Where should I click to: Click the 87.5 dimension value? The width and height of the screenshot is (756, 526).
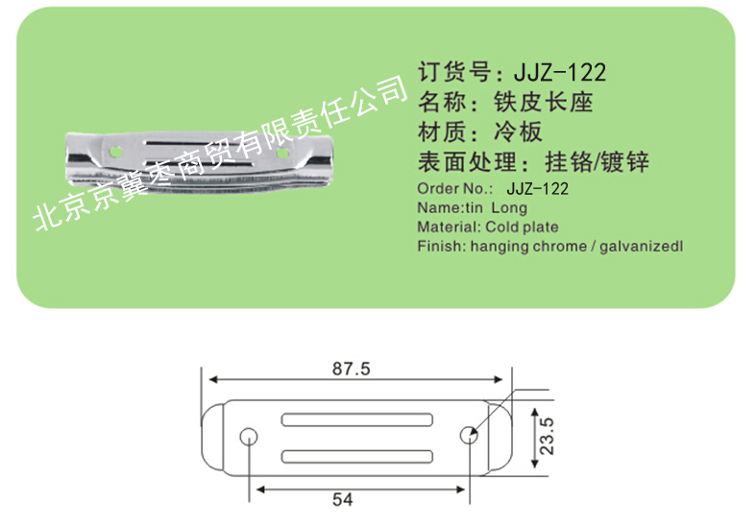pyautogui.click(x=351, y=369)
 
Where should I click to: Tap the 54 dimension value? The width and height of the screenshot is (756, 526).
pyautogui.click(x=342, y=499)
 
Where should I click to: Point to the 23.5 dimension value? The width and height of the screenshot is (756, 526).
pyautogui.click(x=547, y=436)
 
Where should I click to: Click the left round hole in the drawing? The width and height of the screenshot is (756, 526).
pyautogui.click(x=248, y=437)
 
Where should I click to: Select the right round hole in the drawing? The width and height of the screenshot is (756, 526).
pyautogui.click(x=469, y=436)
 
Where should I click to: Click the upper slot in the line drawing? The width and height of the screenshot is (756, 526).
pyautogui.click(x=357, y=420)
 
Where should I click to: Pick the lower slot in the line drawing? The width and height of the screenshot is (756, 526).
pyautogui.click(x=357, y=457)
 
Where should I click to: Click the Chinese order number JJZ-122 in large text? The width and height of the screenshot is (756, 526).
pyautogui.click(x=560, y=73)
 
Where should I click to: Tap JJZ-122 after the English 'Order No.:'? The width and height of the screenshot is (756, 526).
pyautogui.click(x=538, y=188)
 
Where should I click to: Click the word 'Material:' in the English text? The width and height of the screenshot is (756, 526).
pyautogui.click(x=450, y=227)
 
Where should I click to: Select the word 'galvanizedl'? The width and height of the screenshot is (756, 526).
pyautogui.click(x=642, y=246)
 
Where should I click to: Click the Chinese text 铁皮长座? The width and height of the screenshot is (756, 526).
pyautogui.click(x=543, y=102)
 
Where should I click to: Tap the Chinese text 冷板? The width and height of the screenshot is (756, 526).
pyautogui.click(x=518, y=131)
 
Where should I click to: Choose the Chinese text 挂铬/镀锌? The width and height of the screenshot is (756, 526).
pyautogui.click(x=597, y=162)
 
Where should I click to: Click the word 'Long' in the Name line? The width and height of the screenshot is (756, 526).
pyautogui.click(x=509, y=208)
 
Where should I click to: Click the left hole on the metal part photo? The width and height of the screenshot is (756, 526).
pyautogui.click(x=115, y=152)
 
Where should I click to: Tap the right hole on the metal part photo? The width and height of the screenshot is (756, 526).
pyautogui.click(x=282, y=154)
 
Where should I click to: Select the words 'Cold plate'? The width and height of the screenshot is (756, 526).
pyautogui.click(x=523, y=227)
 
